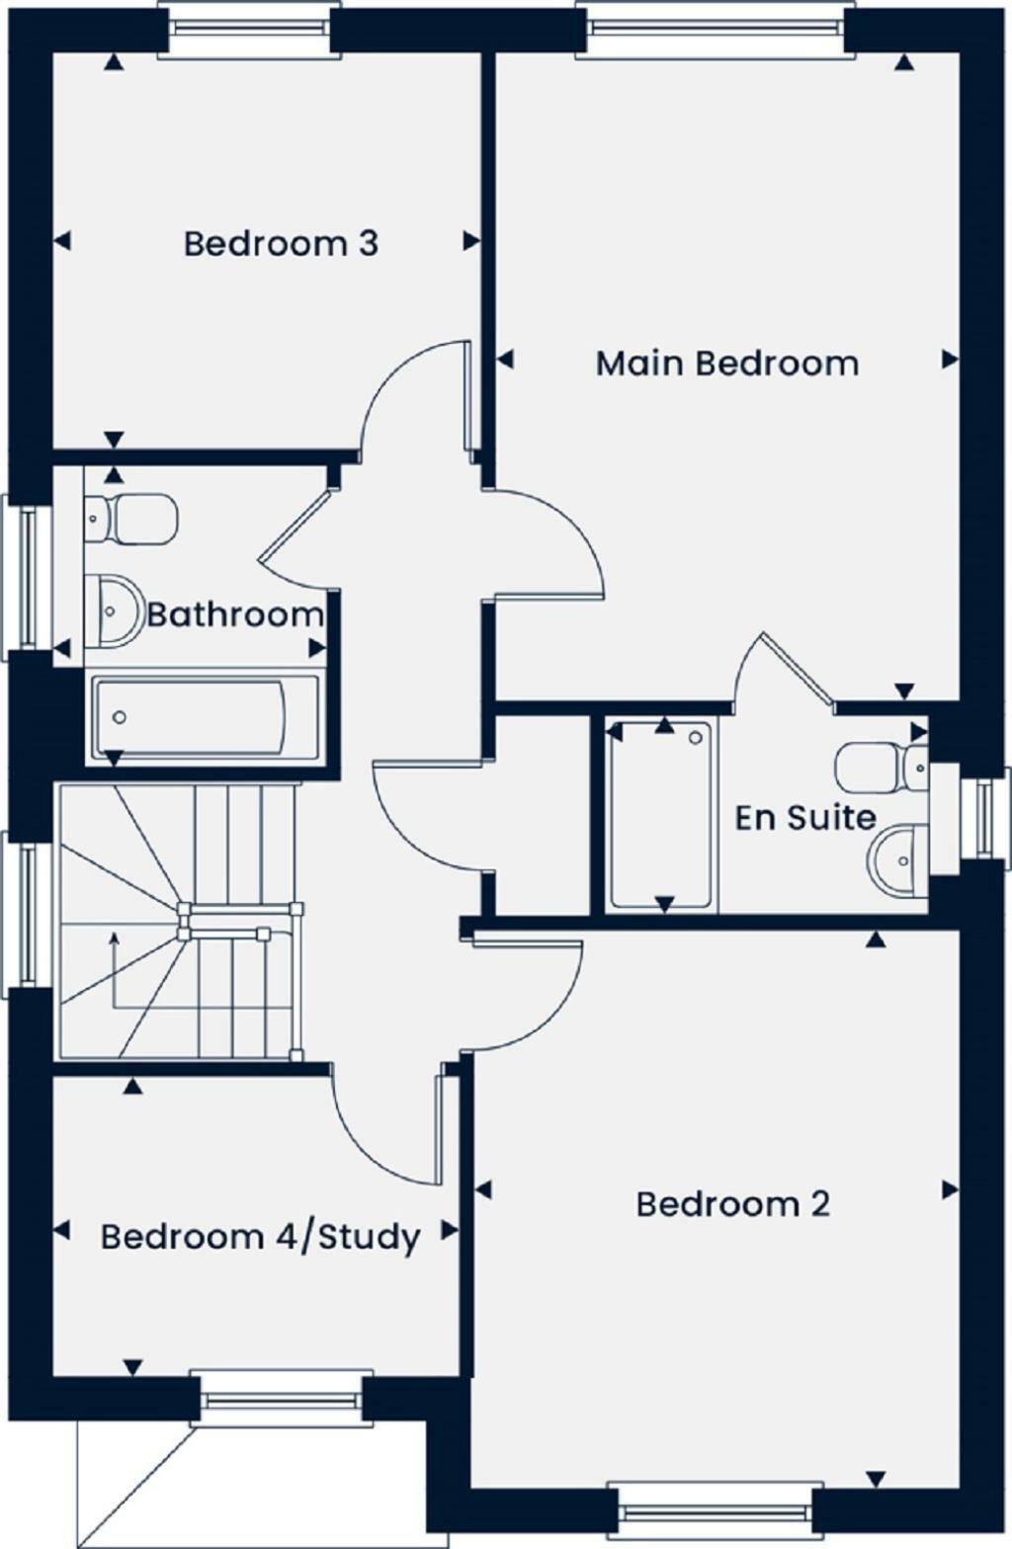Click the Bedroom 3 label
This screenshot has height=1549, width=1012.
[281, 243]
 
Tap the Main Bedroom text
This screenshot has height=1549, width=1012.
[726, 364]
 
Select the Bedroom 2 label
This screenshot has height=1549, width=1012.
[732, 1204]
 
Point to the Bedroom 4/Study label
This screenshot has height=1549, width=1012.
[260, 1237]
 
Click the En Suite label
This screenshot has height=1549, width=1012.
[804, 818]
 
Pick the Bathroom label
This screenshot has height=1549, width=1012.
[235, 614]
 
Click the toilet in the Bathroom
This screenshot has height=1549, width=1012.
[132, 517]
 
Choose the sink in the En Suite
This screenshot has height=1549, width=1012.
[898, 860]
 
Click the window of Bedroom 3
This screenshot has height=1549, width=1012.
[250, 31]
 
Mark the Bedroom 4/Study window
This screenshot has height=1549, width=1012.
[281, 1398]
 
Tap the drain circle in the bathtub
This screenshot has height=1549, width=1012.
[120, 717]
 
